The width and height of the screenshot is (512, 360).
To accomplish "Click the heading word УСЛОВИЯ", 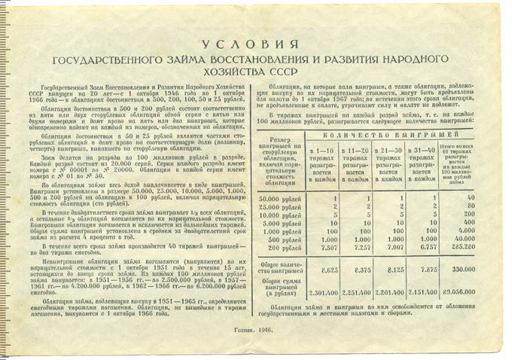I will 255,44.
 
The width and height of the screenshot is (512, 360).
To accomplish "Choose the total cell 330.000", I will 465,267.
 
